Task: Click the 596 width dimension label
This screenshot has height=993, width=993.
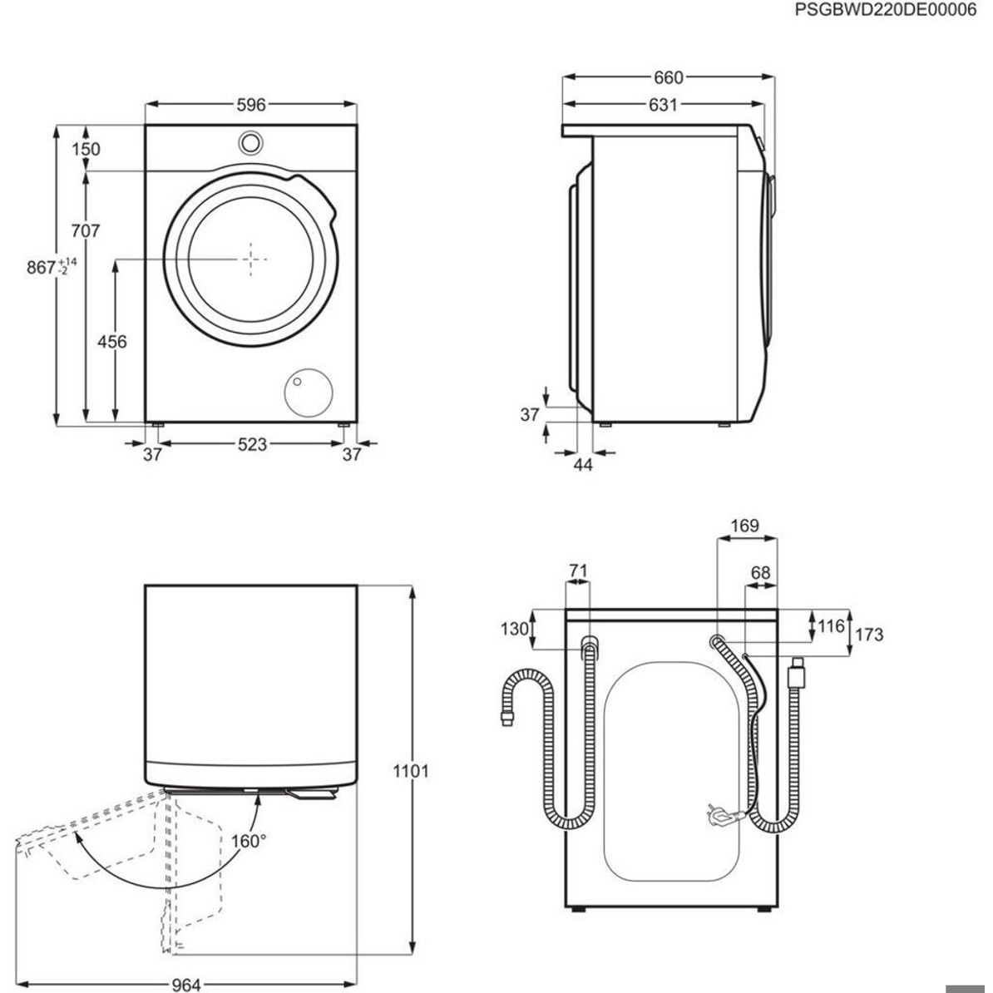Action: pyautogui.click(x=251, y=105)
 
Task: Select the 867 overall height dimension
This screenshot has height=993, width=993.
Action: pyautogui.click(x=52, y=267)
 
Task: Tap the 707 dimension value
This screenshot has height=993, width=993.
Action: pyautogui.click(x=85, y=230)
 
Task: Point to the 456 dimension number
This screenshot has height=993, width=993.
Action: pyautogui.click(x=112, y=342)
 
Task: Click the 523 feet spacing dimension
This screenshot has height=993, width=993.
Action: pyautogui.click(x=251, y=445)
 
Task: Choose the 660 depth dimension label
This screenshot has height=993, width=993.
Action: pyautogui.click(x=668, y=78)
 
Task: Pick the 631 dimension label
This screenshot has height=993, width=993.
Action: pyautogui.click(x=663, y=105)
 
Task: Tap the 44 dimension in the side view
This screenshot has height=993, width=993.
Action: pyautogui.click(x=583, y=465)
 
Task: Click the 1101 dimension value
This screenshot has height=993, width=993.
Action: pyautogui.click(x=410, y=771)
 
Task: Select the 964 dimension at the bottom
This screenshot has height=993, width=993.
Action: pyautogui.click(x=186, y=985)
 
